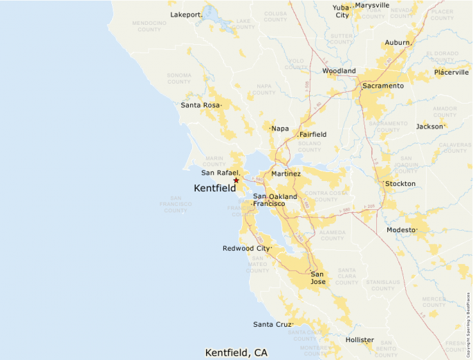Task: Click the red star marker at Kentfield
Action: pyautogui.click(x=236, y=180)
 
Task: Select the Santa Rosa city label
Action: pyautogui.click(x=201, y=105)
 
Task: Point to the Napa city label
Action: pyautogui.click(x=279, y=129)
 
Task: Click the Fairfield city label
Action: pyautogui.click(x=313, y=134)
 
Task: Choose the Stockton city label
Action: pyautogui.click(x=400, y=184)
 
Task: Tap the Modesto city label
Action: pyautogui.click(x=402, y=229)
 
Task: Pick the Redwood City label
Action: pyautogui.click(x=246, y=248)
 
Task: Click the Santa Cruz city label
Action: pyautogui.click(x=272, y=324)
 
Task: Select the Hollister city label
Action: pyautogui.click(x=360, y=340)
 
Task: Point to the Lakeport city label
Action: pyautogui.click(x=185, y=14)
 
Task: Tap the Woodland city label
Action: pyautogui.click(x=339, y=70)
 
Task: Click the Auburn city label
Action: pyautogui.click(x=397, y=42)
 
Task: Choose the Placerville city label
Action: pyautogui.click(x=451, y=72)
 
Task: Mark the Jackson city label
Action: pyautogui.click(x=429, y=126)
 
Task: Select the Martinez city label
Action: pyautogui.click(x=286, y=173)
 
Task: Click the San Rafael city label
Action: pyautogui.click(x=220, y=172)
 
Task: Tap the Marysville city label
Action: pyautogui.click(x=372, y=5)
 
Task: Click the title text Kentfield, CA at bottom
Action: pyautogui.click(x=236, y=352)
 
